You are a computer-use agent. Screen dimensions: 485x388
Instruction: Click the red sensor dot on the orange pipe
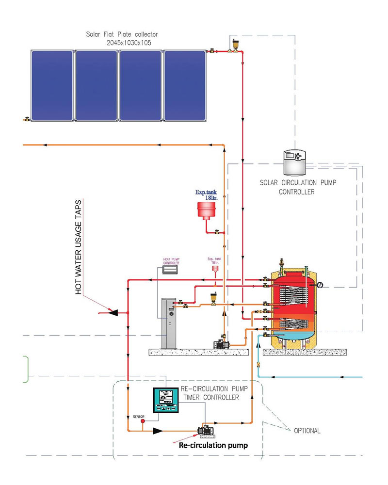[x=143, y=421]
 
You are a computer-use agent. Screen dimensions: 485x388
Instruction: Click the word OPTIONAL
[x=307, y=430]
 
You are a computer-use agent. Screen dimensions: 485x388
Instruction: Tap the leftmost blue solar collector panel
[x=52, y=85]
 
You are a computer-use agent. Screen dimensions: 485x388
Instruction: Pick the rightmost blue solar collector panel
[x=184, y=85]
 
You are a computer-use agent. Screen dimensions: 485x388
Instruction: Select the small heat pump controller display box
[x=171, y=269]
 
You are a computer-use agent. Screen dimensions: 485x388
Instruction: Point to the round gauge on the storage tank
[x=320, y=285]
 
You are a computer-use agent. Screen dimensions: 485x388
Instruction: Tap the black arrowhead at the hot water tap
[x=113, y=313]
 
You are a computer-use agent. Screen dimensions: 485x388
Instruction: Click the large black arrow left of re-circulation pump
[x=157, y=430]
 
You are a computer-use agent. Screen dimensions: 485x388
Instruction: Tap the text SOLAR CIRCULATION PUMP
[x=298, y=184]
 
